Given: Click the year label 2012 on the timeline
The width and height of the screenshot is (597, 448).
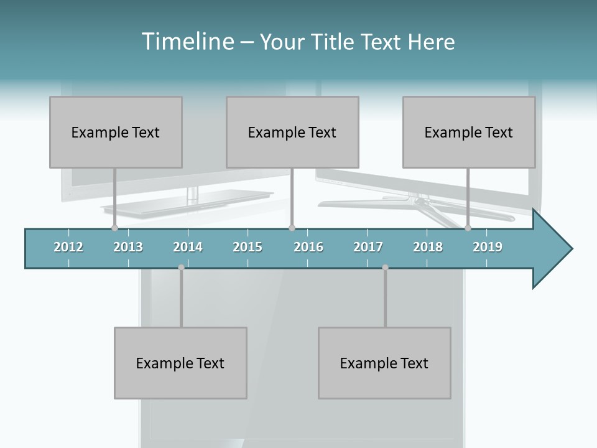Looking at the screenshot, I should [68, 247].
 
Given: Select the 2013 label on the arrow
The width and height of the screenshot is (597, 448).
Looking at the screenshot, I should [128, 247].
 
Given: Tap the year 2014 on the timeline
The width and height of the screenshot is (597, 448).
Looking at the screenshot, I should [188, 247].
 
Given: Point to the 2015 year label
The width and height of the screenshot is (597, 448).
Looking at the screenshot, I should [248, 247].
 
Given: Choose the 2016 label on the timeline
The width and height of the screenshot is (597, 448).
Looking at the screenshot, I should [308, 247].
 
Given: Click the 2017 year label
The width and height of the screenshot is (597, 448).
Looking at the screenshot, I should [368, 247].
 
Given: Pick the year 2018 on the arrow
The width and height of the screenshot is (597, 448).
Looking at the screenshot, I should [428, 247].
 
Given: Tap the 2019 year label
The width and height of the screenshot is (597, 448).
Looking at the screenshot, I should [488, 247].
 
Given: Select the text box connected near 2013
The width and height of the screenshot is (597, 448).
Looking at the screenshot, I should [116, 132].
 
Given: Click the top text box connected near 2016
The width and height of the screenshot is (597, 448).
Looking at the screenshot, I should [292, 132].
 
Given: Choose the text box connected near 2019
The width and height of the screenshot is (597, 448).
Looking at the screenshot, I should [469, 132].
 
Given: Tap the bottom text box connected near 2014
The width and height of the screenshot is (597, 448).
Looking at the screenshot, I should [180, 363].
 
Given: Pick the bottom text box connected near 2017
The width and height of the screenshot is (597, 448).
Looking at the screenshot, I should [384, 363].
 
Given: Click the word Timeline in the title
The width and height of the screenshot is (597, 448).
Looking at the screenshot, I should [187, 42].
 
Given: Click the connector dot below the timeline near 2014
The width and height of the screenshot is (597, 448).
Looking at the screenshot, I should [181, 268].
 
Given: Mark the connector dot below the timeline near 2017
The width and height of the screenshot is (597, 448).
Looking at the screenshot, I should [385, 268].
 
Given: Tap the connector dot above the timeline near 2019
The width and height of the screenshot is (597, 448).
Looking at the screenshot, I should [468, 228].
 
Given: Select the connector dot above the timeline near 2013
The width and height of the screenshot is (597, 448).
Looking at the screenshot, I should [114, 228].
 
